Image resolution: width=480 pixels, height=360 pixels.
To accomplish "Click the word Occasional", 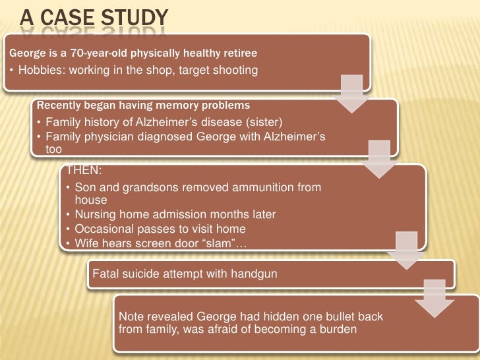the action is tap(104, 229).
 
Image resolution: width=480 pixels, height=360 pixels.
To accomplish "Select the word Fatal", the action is tap(105, 273).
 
